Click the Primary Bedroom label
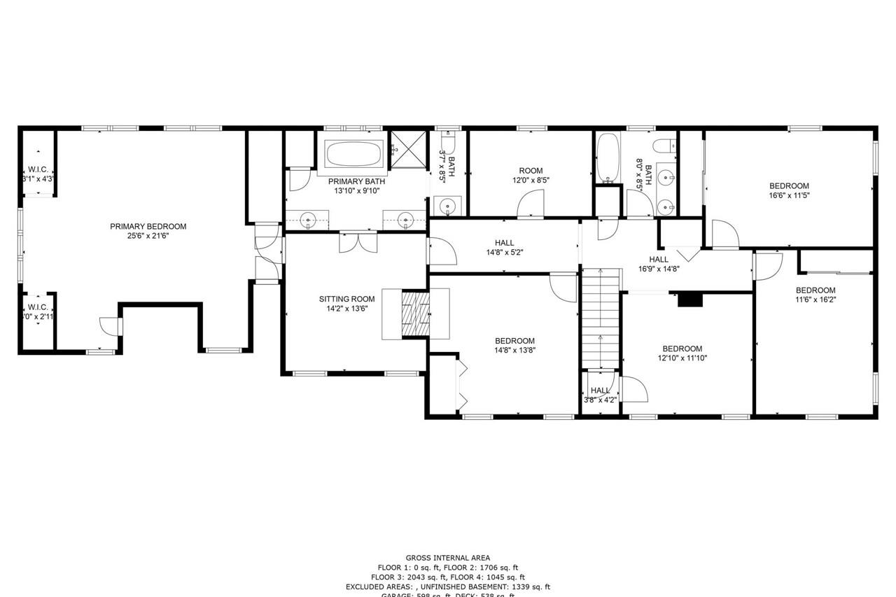[x=148, y=226]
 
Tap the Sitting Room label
[x=342, y=299]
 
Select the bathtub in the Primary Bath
[x=354, y=153]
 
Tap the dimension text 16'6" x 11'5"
[x=789, y=196]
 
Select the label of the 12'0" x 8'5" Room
[x=531, y=171]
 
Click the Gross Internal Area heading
[x=448, y=558]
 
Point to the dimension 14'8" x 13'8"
[x=515, y=351]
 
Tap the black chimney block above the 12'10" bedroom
[x=690, y=300]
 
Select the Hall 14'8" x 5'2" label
[x=504, y=243]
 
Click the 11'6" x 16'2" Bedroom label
[x=815, y=290]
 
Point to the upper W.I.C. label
[x=37, y=169]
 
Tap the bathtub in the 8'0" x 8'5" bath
[x=608, y=157]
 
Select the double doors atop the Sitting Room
[x=357, y=242]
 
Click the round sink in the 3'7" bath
[x=447, y=206]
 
